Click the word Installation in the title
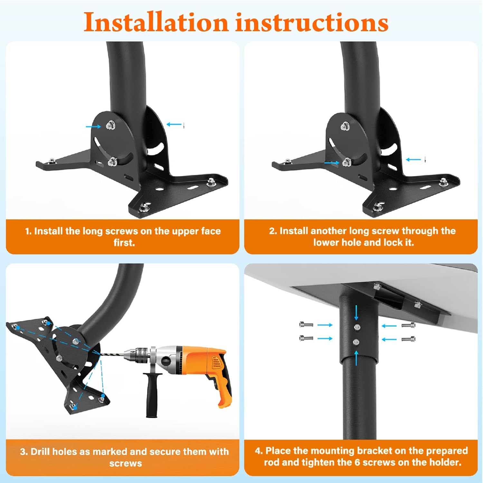coord(156,22)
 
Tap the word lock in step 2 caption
coord(388,242)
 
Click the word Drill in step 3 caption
coord(40,451)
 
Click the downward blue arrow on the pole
coord(356,312)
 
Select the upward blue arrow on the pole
coord(356,358)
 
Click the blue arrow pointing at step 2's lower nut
coord(332,163)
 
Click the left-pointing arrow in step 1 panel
coord(174,124)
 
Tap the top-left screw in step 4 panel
coord(306,324)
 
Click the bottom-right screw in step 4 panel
coord(408,339)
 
